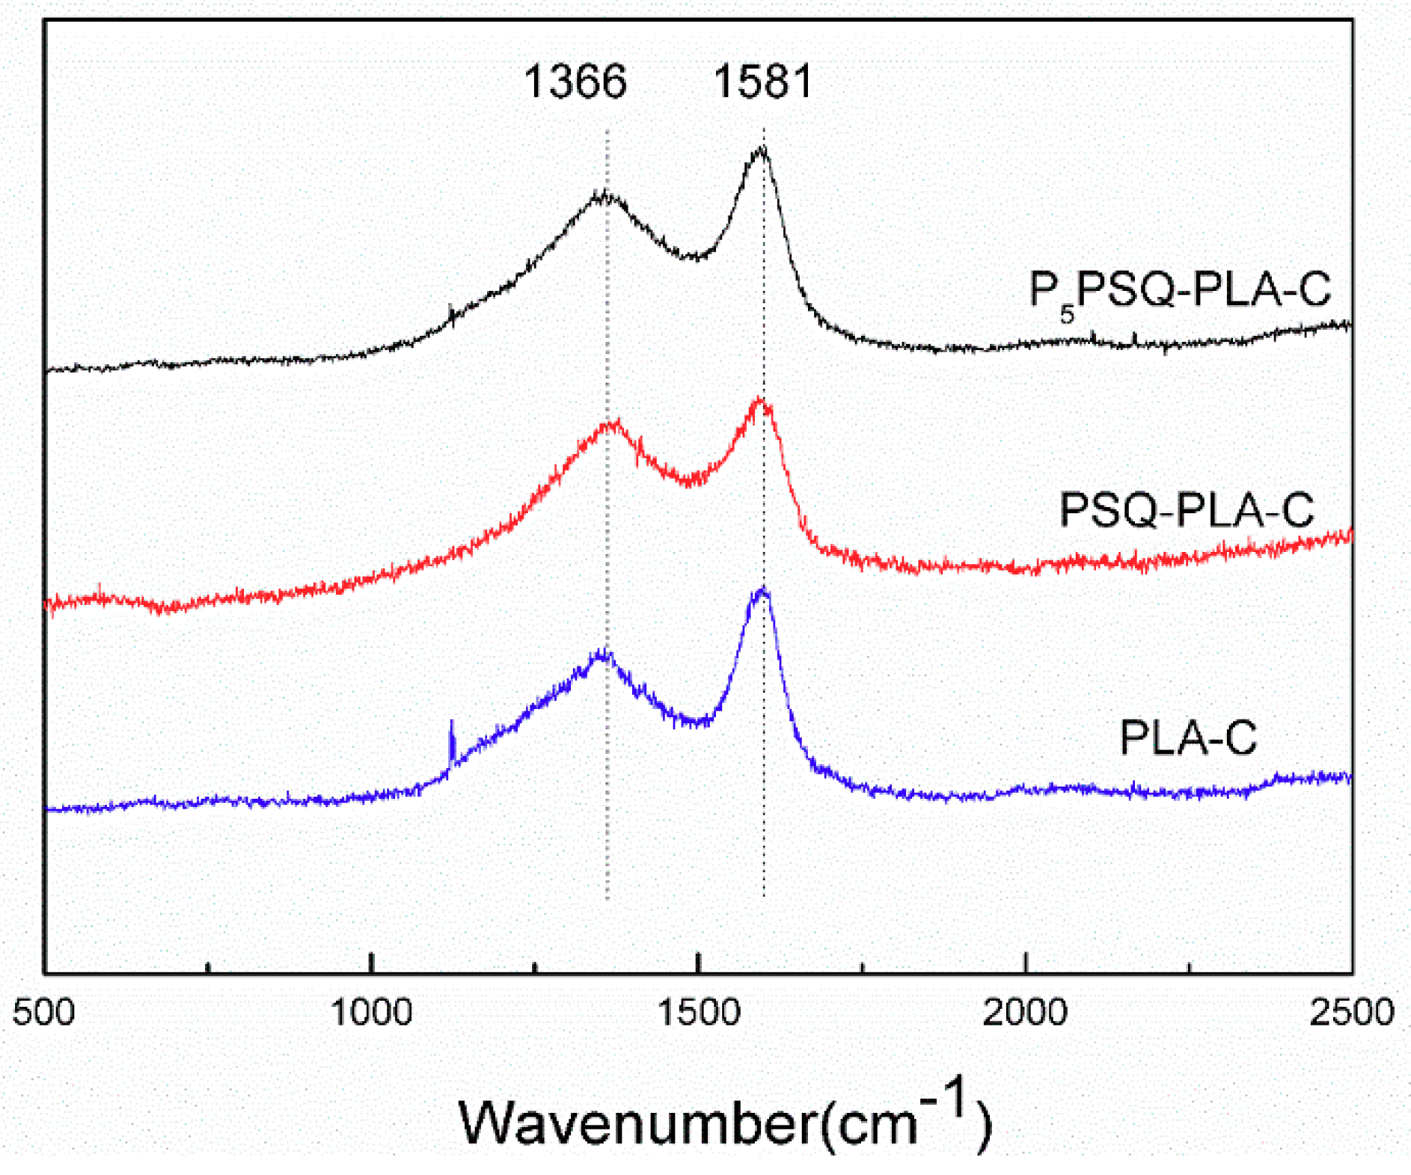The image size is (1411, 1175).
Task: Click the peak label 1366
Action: (575, 82)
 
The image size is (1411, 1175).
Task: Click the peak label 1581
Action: (762, 82)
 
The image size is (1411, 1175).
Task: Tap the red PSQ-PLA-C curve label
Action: (1187, 510)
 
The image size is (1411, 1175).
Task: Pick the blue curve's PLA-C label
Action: (1188, 737)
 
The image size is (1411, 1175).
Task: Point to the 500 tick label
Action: (44, 1013)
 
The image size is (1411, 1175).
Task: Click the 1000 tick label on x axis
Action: (371, 1013)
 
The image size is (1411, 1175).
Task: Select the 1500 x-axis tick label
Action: (698, 1013)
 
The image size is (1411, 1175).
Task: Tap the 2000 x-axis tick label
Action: (1025, 1013)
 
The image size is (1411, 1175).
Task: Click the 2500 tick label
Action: (1352, 1013)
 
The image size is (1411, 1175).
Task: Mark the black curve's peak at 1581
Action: (761, 150)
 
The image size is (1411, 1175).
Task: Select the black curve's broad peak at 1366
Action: (602, 195)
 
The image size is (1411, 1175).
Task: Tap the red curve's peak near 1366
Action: (612, 424)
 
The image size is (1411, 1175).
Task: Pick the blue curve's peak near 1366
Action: (602, 653)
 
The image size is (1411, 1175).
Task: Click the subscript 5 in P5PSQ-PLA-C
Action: (1067, 313)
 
